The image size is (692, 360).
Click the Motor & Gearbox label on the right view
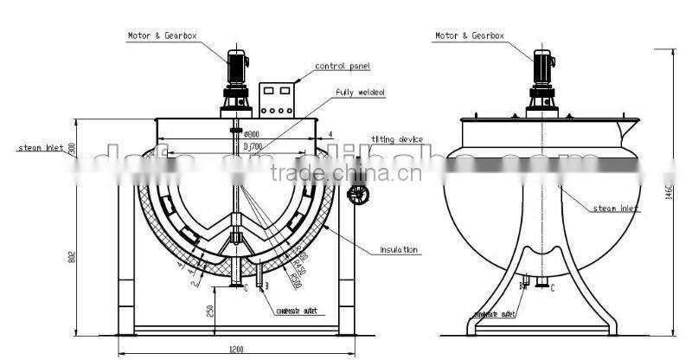(x=469, y=36)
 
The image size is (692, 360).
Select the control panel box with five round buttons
(x=277, y=100)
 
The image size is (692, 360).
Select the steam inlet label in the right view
(x=616, y=209)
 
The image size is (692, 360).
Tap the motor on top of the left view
(x=236, y=67)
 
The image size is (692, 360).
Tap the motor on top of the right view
(x=542, y=67)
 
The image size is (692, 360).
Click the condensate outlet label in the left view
(x=297, y=312)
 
